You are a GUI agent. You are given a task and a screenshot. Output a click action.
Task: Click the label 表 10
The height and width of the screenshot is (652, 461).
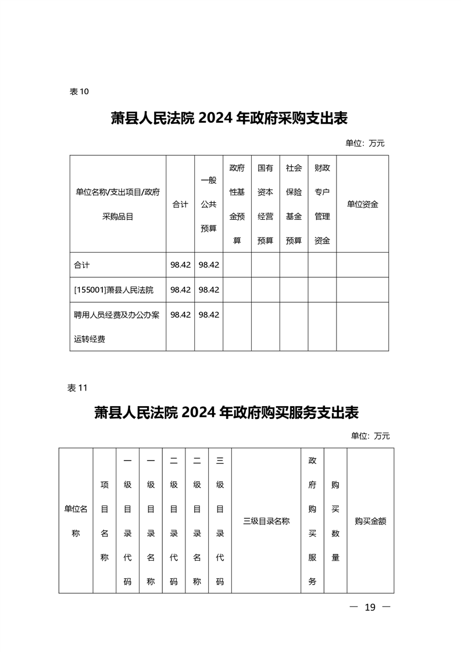pos(78,91)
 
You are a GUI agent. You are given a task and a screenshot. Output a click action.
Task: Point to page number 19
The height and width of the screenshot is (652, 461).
pos(370,607)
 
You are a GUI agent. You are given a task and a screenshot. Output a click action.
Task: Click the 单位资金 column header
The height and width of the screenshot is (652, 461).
pos(362,204)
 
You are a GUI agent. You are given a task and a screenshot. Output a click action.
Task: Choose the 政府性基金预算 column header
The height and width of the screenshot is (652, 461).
pos(237,204)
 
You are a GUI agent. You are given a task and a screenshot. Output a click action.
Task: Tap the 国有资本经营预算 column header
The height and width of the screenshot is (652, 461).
pos(265,204)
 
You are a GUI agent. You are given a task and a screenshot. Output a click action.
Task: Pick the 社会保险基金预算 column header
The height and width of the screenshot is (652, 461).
pos(294,204)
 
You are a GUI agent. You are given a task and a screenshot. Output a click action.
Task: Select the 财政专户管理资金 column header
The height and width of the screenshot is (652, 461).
pos(322,204)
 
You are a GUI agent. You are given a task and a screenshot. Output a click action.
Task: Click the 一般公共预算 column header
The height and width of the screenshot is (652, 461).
pos(209,204)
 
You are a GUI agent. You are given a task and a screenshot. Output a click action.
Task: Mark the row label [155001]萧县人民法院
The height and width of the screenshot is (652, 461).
pos(113,289)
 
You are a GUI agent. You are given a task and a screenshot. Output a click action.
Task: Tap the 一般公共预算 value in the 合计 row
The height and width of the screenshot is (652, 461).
pos(209,264)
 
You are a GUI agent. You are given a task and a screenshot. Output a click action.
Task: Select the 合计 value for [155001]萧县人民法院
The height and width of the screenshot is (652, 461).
pos(180,289)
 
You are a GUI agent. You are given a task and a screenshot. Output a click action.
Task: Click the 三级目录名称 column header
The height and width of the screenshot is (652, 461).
pos(266,521)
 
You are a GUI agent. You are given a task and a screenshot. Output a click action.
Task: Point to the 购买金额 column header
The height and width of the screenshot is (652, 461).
pos(370,521)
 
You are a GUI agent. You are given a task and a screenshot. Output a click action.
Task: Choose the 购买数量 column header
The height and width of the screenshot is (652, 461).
pos(335,521)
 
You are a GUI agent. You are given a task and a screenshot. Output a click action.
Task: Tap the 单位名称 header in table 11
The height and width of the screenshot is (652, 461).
pos(76,521)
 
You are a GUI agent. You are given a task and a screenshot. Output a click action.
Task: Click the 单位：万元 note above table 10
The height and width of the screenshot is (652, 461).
pos(365,143)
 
